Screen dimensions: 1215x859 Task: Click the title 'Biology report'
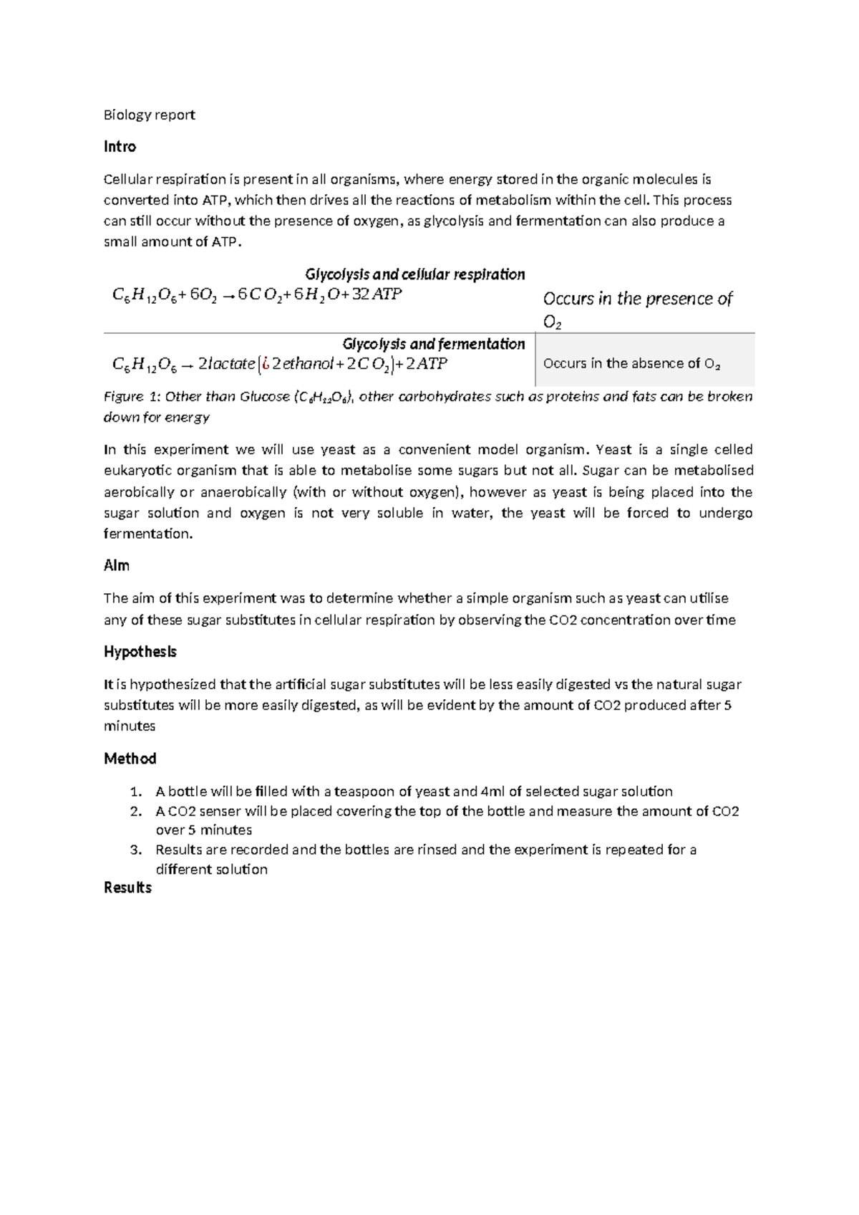click(149, 115)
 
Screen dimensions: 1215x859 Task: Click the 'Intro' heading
click(120, 147)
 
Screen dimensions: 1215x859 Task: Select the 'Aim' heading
click(117, 566)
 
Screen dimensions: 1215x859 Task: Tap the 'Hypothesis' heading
click(140, 652)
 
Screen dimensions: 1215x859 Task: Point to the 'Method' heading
click(130, 759)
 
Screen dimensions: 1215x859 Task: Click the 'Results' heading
click(127, 888)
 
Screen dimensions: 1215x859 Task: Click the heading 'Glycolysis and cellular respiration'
click(414, 274)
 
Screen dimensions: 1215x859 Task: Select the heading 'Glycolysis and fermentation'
click(433, 344)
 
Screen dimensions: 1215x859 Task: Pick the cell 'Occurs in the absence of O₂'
click(631, 363)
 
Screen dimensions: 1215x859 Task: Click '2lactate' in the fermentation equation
click(225, 364)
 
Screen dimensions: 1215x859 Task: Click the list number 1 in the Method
click(135, 792)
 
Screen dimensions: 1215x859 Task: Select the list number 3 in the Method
click(135, 850)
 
